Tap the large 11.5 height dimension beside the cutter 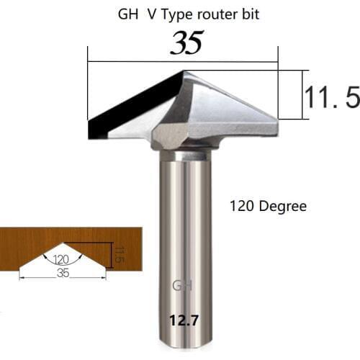tap(330, 95)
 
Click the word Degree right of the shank tap(282, 206)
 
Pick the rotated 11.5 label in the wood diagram tap(120, 254)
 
